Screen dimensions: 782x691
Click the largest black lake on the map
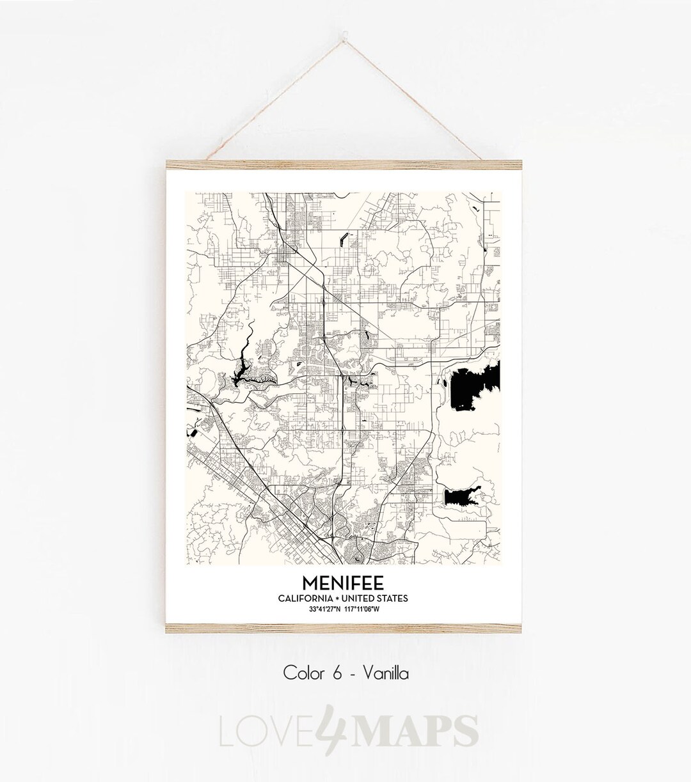472,387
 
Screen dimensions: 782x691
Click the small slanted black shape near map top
345,239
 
